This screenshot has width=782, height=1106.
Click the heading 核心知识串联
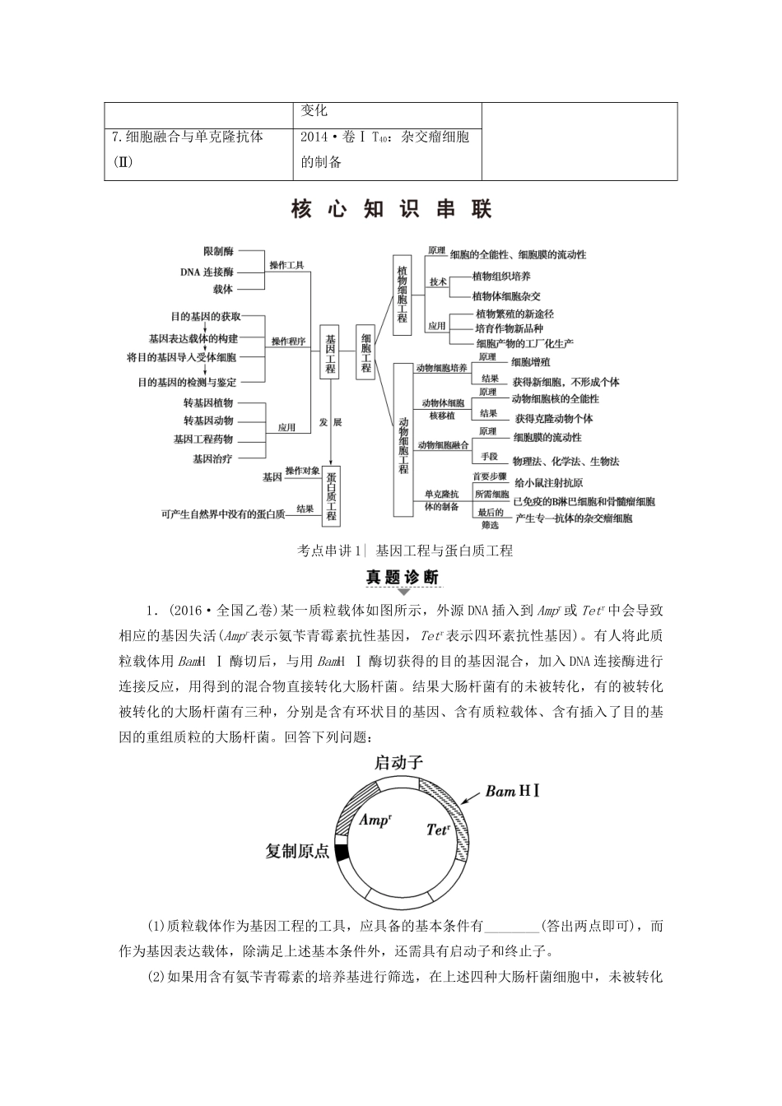(x=391, y=210)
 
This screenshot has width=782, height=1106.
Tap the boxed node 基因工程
(x=329, y=350)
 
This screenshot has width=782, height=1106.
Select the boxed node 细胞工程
(x=365, y=350)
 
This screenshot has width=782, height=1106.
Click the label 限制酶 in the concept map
(x=218, y=251)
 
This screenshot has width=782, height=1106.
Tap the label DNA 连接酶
(x=207, y=270)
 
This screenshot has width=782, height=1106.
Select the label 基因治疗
(x=212, y=458)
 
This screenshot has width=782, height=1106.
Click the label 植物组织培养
(x=501, y=276)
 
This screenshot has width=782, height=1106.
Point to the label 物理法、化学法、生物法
(x=566, y=462)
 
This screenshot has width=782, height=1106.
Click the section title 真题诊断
(x=403, y=577)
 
